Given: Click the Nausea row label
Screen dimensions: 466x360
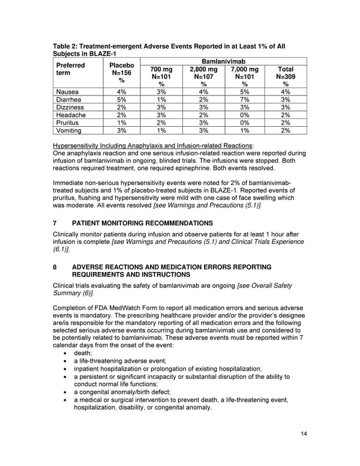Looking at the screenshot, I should (67, 92).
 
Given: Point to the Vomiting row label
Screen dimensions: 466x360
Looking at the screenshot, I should (70, 130).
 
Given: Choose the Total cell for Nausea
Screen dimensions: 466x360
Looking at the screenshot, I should (285, 92).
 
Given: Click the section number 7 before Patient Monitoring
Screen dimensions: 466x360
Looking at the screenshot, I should (55, 223).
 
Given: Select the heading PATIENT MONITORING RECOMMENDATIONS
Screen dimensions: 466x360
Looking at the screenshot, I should (142, 223).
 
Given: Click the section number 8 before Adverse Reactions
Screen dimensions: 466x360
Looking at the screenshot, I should (55, 267).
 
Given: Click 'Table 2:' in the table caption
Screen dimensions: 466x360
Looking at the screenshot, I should (68, 46).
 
